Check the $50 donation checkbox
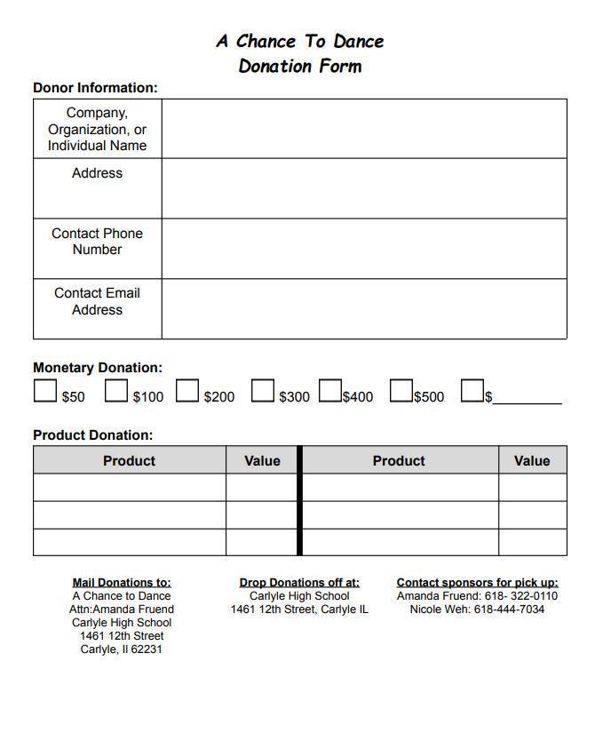(x=44, y=391)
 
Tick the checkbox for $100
(x=115, y=391)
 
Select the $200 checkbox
(x=186, y=391)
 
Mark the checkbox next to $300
(x=262, y=391)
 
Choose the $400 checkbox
(x=330, y=391)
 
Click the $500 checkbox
(x=401, y=391)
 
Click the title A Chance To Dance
(x=299, y=41)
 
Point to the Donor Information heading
(x=95, y=88)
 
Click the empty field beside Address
(x=363, y=188)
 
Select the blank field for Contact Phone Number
(x=363, y=249)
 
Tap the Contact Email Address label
(x=97, y=301)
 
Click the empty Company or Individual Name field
(x=363, y=129)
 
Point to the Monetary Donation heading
(x=98, y=367)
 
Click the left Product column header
(x=129, y=460)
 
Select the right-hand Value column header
(x=531, y=460)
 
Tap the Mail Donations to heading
(x=122, y=583)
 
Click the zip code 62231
(x=147, y=649)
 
